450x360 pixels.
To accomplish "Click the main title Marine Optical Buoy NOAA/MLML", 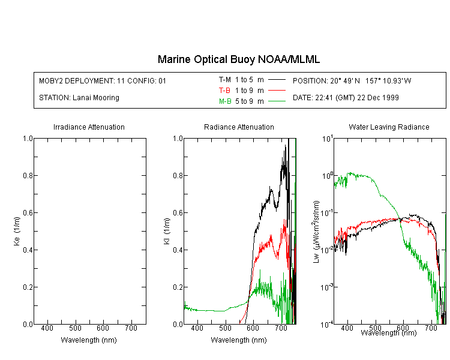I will (239, 59).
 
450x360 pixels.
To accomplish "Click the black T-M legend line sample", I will (276, 79).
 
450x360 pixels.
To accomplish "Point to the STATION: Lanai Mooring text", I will (79, 97).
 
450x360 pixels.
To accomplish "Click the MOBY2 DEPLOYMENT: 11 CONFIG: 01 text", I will (103, 80).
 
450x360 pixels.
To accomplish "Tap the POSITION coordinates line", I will (352, 80).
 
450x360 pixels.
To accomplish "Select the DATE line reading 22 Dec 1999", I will (346, 97).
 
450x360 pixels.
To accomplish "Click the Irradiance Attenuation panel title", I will (89, 127).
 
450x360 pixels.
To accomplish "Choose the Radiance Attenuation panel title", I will (239, 127).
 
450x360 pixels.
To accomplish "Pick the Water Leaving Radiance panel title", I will (389, 127).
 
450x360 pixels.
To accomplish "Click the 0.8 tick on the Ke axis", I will (28, 176).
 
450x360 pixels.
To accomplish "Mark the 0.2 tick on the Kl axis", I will (178, 287).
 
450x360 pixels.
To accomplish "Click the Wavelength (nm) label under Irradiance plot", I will (89, 340).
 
